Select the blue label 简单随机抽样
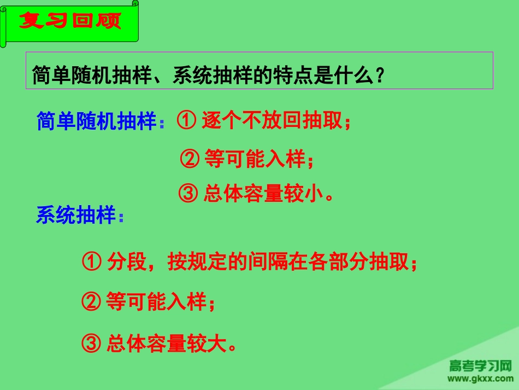coord(97,121)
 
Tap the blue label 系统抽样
coord(76,216)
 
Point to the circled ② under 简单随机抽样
coord(190,159)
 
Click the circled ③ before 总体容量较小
coord(189,194)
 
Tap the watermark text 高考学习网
coord(480,365)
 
